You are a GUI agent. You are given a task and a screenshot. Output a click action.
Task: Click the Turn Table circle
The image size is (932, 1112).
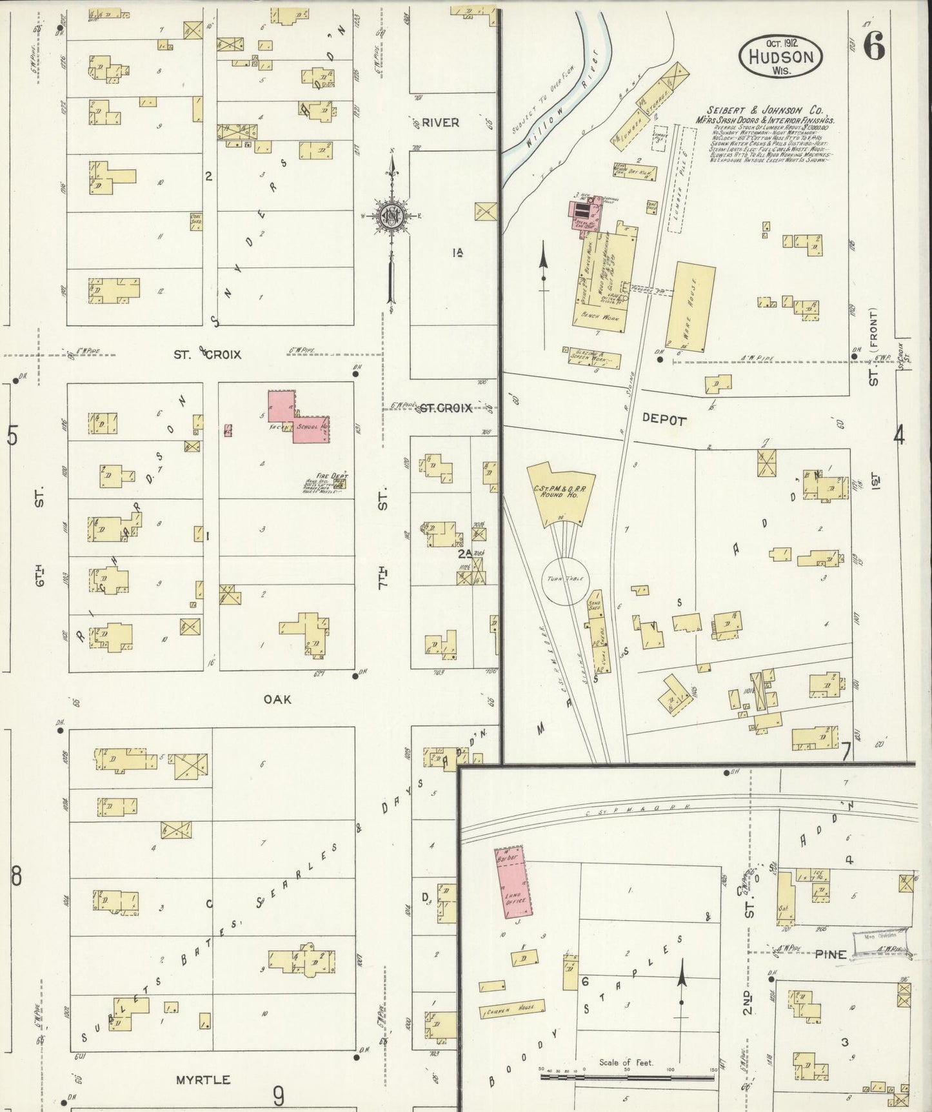tap(564, 579)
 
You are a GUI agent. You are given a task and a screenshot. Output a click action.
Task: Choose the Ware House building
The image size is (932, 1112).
tap(694, 306)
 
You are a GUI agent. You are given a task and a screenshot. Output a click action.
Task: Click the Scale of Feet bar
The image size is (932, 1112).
tap(626, 1077)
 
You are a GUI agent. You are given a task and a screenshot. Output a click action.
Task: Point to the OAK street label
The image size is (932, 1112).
tap(277, 698)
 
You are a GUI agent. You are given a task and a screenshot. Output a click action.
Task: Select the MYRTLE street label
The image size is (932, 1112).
tap(203, 1079)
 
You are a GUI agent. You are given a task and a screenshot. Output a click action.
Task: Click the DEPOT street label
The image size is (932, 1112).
tap(664, 420)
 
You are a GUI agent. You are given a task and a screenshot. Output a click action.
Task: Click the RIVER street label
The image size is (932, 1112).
tap(441, 122)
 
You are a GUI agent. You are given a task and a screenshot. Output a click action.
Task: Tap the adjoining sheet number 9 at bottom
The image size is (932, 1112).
tap(277, 1095)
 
